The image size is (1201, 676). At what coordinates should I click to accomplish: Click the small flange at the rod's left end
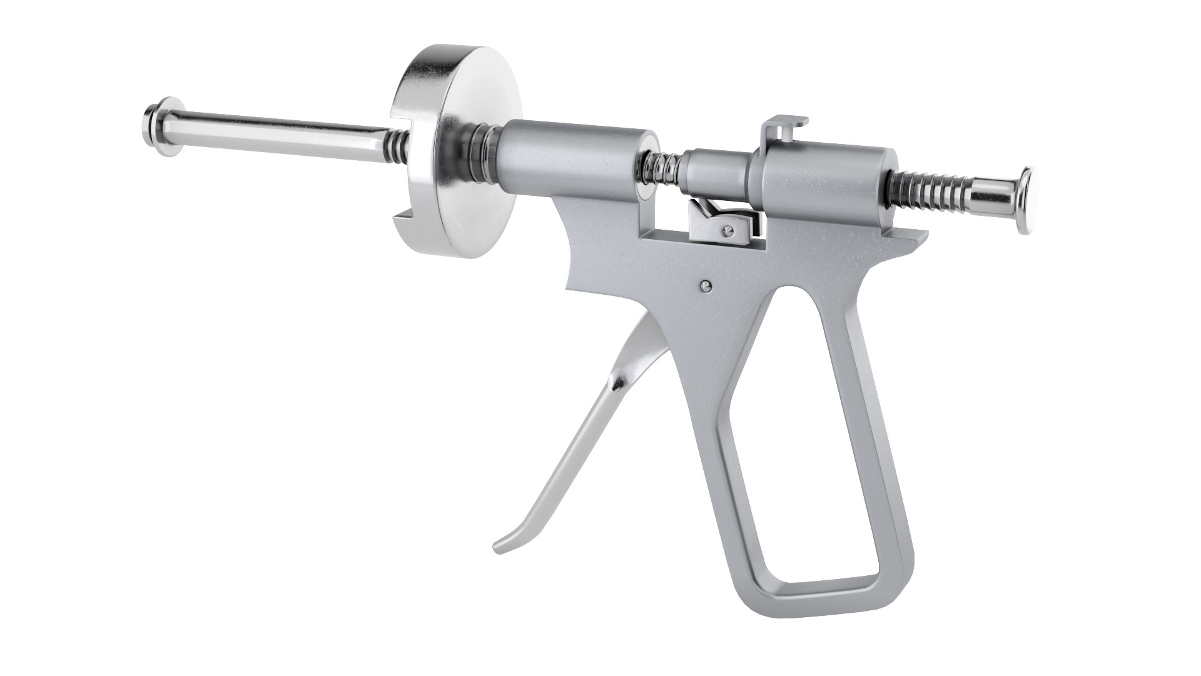tap(155, 117)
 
